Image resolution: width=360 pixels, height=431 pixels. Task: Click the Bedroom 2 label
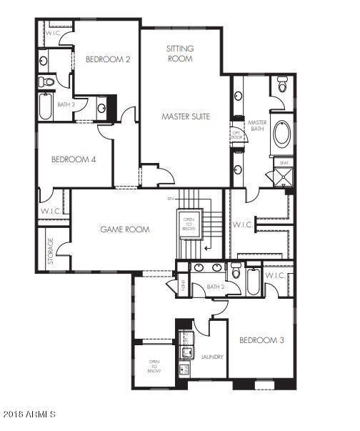tap(108, 59)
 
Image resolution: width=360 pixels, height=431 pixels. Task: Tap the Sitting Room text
tap(180, 54)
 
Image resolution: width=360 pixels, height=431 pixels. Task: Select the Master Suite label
tap(186, 115)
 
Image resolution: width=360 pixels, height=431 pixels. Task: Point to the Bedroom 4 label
tap(74, 159)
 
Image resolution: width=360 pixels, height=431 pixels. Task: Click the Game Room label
tap(124, 229)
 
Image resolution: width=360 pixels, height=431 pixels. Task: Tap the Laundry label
tap(213, 357)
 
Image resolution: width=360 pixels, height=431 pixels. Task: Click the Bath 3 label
tap(66, 104)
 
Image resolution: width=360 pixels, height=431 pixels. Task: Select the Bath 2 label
tap(216, 287)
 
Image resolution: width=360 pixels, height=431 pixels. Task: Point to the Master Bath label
tap(256, 125)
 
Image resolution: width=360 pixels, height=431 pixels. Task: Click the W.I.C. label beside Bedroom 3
tap(276, 276)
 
